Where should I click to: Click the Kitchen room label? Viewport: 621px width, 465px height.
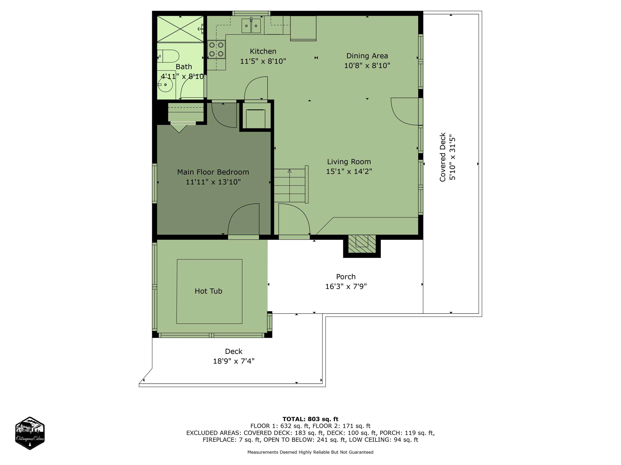tap(263, 51)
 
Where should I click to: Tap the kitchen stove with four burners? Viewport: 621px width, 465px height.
tap(216, 49)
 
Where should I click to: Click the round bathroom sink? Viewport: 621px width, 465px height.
tap(165, 84)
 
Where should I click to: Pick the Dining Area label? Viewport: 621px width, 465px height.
tap(367, 56)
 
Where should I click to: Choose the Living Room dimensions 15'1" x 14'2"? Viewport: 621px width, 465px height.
tap(349, 171)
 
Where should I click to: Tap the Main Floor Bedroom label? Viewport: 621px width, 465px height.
tap(213, 172)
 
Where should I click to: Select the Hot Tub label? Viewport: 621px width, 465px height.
tap(208, 291)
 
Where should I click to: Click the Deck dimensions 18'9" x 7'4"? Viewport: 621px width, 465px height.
tap(234, 361)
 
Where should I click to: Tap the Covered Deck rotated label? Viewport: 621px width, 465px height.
tap(443, 157)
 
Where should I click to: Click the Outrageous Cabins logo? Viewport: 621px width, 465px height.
tap(30, 433)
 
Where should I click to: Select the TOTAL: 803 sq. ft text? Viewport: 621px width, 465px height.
tap(310, 419)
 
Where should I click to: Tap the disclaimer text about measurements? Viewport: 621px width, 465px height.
tap(310, 452)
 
